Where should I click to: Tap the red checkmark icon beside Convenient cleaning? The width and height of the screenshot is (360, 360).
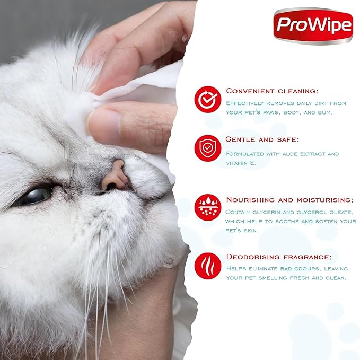207,99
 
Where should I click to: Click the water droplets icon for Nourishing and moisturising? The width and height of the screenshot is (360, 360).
207,207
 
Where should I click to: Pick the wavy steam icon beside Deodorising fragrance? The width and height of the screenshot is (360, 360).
207,266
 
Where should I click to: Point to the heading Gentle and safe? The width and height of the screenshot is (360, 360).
262,139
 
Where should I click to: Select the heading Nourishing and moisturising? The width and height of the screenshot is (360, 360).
289,199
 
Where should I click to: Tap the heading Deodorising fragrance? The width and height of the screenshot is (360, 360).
279,257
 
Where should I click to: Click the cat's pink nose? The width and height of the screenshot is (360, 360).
115,177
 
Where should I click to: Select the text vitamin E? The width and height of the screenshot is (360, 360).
241,163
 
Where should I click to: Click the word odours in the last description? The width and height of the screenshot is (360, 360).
302,268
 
